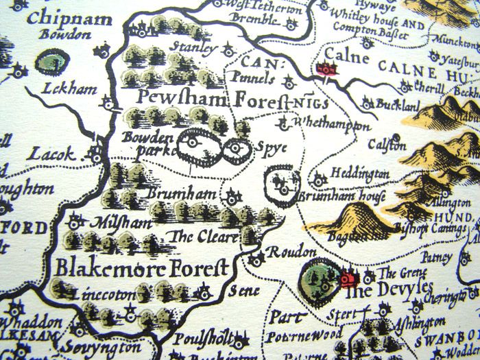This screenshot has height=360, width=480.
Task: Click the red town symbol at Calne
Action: pyautogui.click(x=326, y=69)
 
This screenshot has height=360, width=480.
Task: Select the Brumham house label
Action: pyautogui.click(x=342, y=197)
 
